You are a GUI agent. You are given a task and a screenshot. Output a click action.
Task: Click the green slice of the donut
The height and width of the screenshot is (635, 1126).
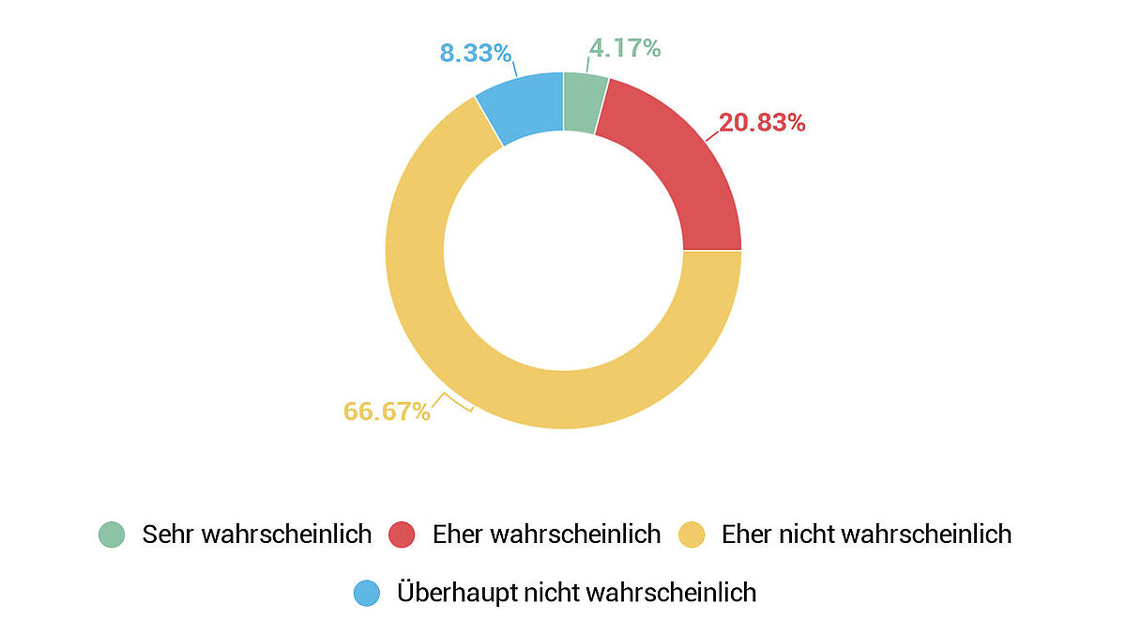tap(584, 101)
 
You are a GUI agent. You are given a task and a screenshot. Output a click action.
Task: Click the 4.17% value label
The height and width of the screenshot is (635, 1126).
tap(625, 48)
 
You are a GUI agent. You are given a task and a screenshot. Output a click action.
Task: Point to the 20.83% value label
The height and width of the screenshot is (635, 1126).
tap(762, 122)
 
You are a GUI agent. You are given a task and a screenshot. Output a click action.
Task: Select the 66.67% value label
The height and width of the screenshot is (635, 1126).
tap(387, 411)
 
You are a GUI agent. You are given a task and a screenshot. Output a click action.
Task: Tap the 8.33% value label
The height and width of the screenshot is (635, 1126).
tap(476, 53)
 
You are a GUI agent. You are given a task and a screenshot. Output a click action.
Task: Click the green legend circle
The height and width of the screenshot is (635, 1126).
tap(112, 534)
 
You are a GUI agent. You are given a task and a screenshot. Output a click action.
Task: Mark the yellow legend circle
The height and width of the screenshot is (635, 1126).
tap(692, 534)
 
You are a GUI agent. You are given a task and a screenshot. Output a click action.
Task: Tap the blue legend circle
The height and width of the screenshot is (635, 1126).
tap(367, 593)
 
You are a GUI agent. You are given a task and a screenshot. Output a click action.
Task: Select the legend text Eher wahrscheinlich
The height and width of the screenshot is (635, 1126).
tap(546, 534)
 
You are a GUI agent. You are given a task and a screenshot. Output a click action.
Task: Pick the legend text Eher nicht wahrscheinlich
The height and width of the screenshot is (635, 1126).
tap(866, 534)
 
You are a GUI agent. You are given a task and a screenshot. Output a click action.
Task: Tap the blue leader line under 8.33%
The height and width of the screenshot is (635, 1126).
tap(514, 71)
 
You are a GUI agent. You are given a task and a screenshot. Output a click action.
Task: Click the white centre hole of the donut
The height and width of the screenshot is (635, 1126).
tap(563, 251)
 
